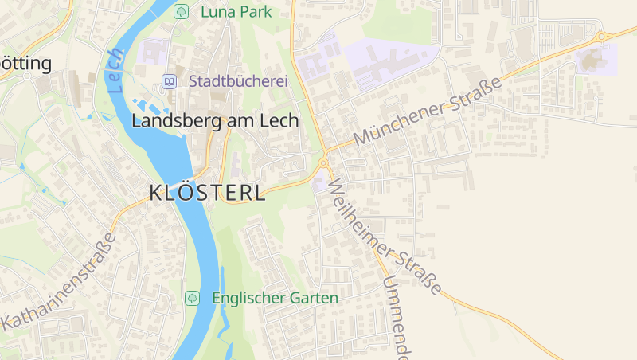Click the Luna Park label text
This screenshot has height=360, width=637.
click(x=236, y=11)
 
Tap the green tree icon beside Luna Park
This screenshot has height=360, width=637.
click(x=181, y=11)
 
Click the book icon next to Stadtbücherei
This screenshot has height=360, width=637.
click(x=168, y=81)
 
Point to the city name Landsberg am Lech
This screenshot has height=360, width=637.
click(x=214, y=121)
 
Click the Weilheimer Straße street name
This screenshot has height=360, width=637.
click(x=383, y=236)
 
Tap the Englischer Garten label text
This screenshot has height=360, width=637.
click(x=275, y=298)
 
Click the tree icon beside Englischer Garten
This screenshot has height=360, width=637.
click(x=191, y=298)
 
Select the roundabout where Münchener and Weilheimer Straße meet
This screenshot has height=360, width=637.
click(x=323, y=163)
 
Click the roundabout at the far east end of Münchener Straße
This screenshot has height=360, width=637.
click(x=602, y=36)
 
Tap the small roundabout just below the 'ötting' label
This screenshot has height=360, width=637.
click(x=26, y=76)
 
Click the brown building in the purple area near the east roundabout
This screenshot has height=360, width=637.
click(x=593, y=58)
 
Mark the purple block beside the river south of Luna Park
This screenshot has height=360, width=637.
click(x=154, y=53)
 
